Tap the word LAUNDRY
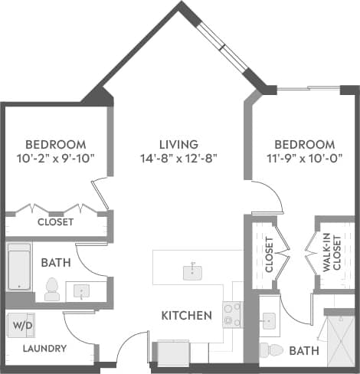tap(44, 349)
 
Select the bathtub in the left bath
tap(20, 267)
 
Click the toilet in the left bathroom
tap(53, 289)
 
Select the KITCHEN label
tap(186, 315)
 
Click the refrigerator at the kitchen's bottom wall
tap(168, 353)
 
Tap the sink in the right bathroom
tap(269, 320)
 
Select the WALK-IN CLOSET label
tap(330, 254)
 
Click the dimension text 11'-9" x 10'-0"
tap(304, 159)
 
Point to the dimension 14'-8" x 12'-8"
tap(178, 159)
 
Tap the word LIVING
tap(178, 144)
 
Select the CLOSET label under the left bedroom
tap(56, 222)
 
